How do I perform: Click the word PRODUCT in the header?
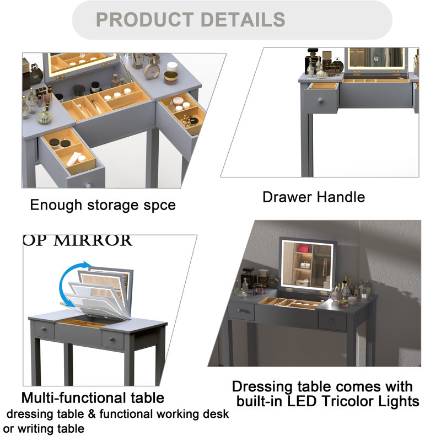[145, 19]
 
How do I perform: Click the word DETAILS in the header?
[243, 19]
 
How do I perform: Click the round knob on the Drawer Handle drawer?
[320, 100]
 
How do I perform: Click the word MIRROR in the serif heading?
[93, 241]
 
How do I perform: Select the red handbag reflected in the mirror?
[303, 248]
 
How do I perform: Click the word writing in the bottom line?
[36, 429]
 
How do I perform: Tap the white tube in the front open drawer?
[74, 159]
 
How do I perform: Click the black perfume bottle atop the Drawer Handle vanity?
[311, 61]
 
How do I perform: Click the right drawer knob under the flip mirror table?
[112, 340]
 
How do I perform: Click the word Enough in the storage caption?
[56, 205]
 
